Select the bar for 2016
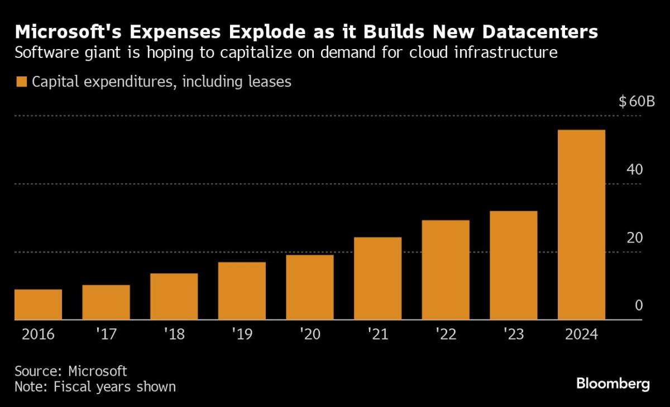point(38,304)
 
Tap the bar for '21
point(377,278)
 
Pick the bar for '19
point(242,290)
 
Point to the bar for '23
point(513,265)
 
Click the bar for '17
point(106,302)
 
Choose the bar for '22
point(446,270)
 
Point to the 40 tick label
point(632,169)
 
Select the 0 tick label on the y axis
point(639,306)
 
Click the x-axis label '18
point(174,335)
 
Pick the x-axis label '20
point(310,335)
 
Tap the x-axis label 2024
point(581,335)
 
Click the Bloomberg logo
point(612,384)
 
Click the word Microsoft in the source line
point(98,371)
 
